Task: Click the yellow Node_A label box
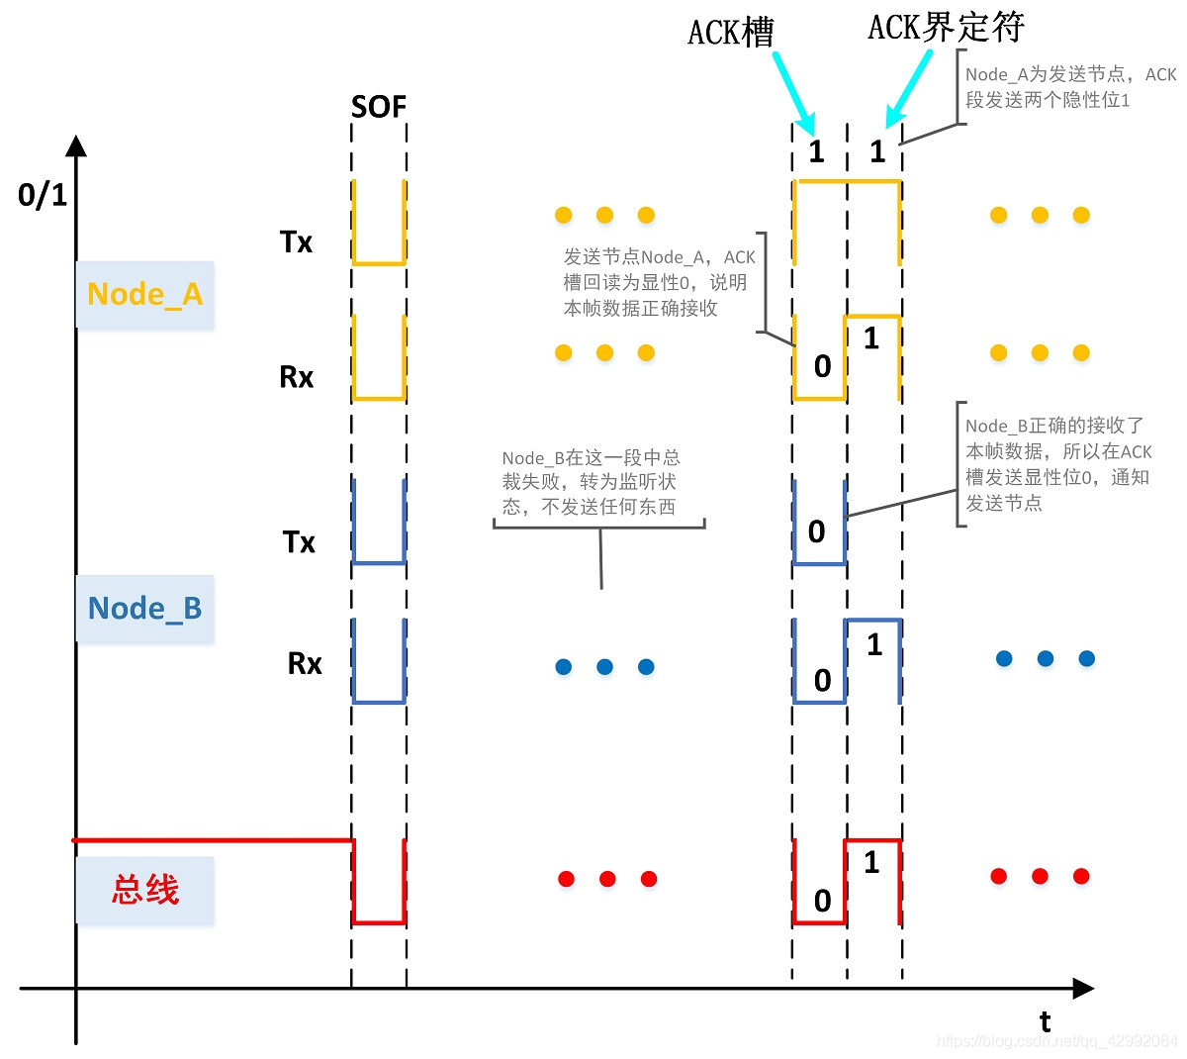[144, 295]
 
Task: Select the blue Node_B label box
[144, 609]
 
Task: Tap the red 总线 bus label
[144, 890]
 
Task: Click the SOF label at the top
[379, 107]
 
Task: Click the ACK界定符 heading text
[946, 28]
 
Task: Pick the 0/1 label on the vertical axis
[43, 195]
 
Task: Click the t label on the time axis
[1045, 1021]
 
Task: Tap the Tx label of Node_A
[296, 242]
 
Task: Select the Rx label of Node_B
[305, 663]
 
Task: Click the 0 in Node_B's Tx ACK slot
[816, 532]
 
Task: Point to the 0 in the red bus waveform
[822, 901]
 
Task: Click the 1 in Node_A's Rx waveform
[871, 339]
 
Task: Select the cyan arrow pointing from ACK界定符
[909, 90]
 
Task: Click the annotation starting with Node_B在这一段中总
[591, 483]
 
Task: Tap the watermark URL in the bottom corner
[1056, 1041]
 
